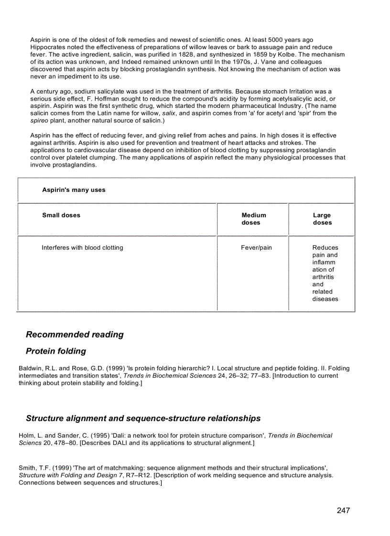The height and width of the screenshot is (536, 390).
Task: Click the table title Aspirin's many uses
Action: tap(74, 190)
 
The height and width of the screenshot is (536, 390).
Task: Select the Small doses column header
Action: tap(61, 215)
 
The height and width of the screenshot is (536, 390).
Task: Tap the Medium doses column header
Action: tap(253, 219)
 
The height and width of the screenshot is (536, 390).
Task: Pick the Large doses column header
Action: tap(322, 219)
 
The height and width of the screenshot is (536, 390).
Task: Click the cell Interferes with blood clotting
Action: tap(82, 248)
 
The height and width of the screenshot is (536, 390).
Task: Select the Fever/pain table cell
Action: tap(256, 248)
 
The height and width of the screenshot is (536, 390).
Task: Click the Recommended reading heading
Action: tap(75, 335)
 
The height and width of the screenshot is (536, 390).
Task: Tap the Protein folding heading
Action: tap(56, 351)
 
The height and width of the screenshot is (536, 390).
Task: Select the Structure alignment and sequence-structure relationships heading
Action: tap(143, 419)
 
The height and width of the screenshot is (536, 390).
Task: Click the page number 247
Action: tap(343, 511)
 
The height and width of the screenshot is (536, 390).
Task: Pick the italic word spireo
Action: tap(39, 121)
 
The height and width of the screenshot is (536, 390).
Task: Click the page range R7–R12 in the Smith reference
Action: tap(136, 475)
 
